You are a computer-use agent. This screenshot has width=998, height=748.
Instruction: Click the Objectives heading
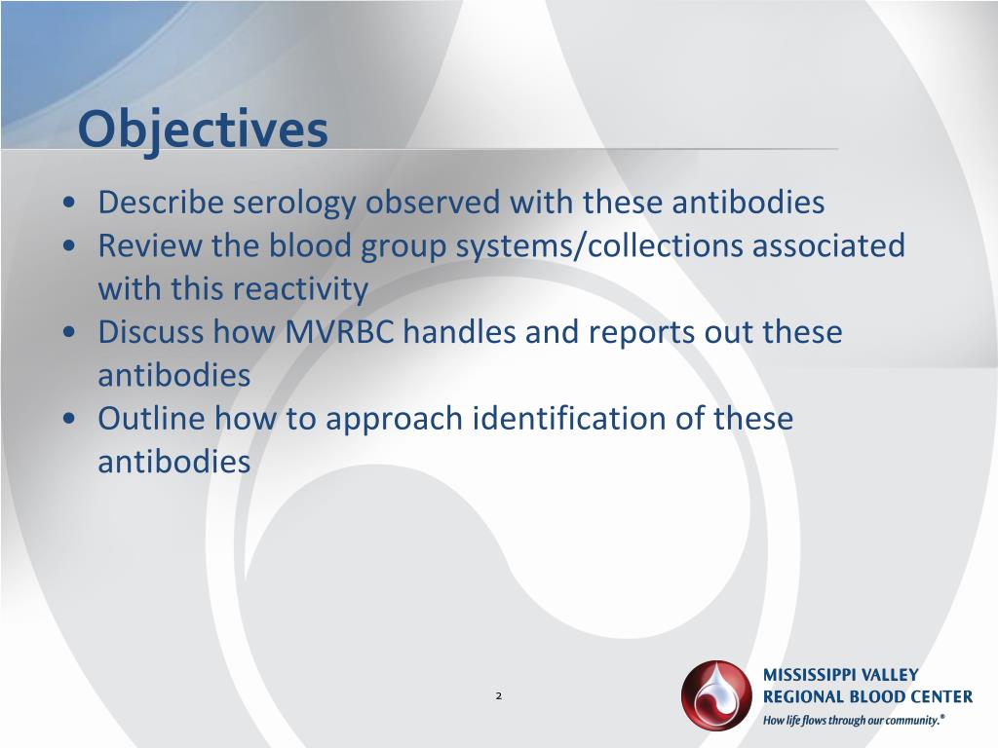pyautogui.click(x=203, y=130)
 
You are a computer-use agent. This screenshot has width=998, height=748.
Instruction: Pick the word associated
pyautogui.click(x=828, y=245)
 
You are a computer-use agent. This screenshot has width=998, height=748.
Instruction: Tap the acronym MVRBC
pyautogui.click(x=340, y=332)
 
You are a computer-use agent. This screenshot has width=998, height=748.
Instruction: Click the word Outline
pyautogui.click(x=151, y=419)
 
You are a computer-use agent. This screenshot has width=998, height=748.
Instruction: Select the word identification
pyautogui.click(x=589, y=419)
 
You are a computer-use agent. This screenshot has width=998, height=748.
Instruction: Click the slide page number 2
pyautogui.click(x=498, y=695)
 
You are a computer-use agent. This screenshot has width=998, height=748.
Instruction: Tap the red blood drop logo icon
pyautogui.click(x=716, y=695)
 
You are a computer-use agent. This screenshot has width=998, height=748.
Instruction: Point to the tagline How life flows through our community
pyautogui.click(x=854, y=721)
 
